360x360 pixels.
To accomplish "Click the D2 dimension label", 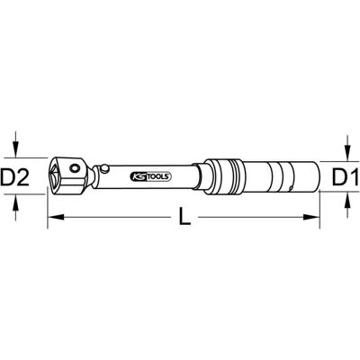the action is click(15, 177).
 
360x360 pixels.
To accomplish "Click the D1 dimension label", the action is click(345, 177).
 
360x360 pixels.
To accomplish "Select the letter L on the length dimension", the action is click(184, 217).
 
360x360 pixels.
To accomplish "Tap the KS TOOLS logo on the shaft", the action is click(150, 176).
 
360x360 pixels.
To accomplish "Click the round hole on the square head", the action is click(74, 168).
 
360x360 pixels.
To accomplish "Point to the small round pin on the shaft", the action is click(104, 169).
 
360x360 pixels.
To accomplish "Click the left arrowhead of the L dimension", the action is click(56, 217).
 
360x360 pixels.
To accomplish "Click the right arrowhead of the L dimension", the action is click(311, 217).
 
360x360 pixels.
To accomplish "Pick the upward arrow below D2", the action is click(16, 207).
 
